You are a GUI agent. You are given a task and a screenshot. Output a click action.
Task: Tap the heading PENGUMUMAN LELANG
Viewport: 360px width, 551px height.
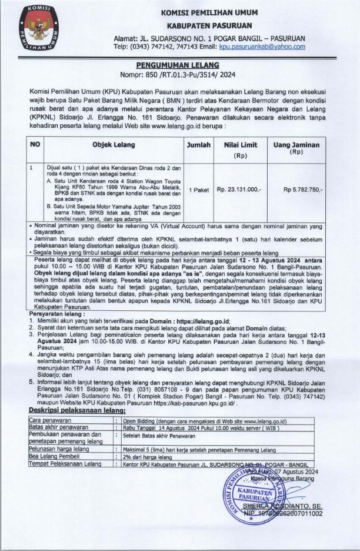point(180,64)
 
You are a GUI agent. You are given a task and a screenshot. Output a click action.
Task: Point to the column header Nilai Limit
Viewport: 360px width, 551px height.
point(241,150)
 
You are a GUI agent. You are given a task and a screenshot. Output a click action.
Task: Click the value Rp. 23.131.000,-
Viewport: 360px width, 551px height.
point(240,190)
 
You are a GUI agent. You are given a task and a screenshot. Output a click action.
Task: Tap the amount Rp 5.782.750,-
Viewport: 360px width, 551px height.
point(303,190)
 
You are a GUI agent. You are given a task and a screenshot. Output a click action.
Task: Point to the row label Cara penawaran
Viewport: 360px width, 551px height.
point(49,406)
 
